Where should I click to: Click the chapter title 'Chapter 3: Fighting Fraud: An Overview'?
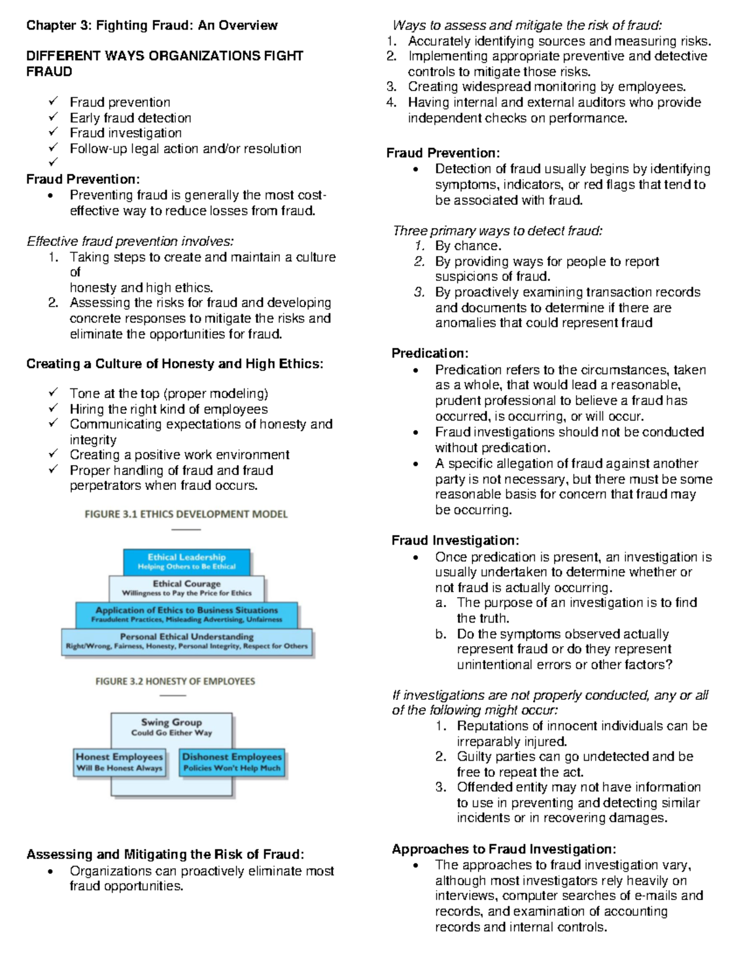tap(152, 25)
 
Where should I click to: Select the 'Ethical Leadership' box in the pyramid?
tap(186, 561)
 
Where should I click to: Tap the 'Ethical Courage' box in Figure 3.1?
tap(186, 588)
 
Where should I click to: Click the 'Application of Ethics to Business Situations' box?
tap(186, 614)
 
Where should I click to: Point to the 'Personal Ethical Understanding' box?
tap(186, 641)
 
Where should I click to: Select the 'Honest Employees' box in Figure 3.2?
tap(119, 762)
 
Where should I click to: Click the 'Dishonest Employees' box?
tap(232, 762)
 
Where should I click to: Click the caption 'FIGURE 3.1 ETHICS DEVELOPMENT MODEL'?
tap(186, 514)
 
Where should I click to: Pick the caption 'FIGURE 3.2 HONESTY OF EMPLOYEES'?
tap(175, 681)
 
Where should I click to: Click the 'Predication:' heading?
tap(430, 354)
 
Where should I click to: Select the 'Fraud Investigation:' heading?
tap(455, 541)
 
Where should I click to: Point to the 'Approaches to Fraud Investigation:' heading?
tap(503, 849)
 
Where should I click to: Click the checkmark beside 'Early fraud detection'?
tap(54, 117)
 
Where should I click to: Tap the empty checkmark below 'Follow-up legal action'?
tap(54, 162)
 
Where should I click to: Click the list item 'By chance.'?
tap(468, 246)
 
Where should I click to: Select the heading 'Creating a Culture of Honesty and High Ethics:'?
tap(175, 364)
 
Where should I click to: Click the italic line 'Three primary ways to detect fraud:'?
tap(497, 231)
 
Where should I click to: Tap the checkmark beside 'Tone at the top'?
tap(54, 393)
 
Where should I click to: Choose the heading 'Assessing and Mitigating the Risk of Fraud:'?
tap(165, 855)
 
